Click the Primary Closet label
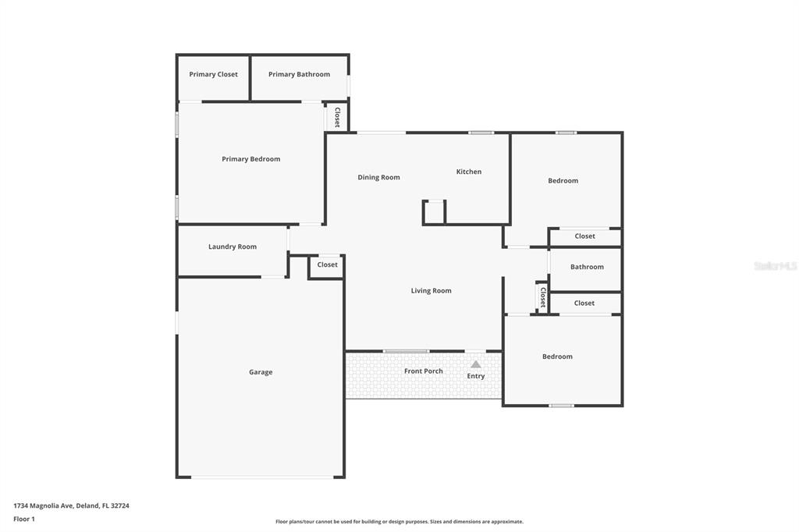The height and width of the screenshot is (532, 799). click(213, 74)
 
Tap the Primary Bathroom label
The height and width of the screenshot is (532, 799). click(299, 74)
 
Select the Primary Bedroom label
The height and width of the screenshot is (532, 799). click(250, 159)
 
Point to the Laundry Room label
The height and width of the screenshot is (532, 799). click(233, 246)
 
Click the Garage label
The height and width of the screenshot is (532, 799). click(261, 372)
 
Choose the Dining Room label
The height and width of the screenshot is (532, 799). click(378, 177)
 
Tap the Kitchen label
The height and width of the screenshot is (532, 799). click(469, 172)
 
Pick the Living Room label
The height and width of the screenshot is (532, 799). click(431, 290)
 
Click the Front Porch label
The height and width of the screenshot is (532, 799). click(424, 371)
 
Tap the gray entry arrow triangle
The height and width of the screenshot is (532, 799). click(475, 364)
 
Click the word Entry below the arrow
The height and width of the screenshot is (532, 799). click(476, 376)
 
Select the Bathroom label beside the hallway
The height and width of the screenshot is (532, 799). click(587, 267)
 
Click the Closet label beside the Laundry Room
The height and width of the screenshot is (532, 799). click(327, 264)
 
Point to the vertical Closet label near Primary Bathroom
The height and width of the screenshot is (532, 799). click(337, 117)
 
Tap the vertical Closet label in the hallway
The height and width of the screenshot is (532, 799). click(543, 298)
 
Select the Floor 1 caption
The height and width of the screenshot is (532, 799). click(24, 520)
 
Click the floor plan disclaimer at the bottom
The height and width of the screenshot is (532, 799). click(399, 522)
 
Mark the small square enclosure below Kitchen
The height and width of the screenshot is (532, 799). click(434, 212)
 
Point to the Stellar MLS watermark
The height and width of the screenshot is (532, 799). click(775, 266)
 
